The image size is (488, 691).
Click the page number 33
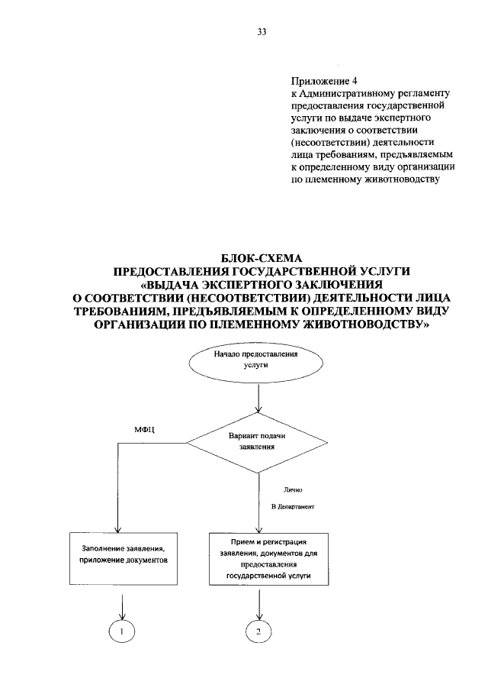pyautogui.click(x=262, y=32)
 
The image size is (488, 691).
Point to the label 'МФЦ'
pyautogui.click(x=145, y=431)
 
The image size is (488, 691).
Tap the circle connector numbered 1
pyautogui.click(x=121, y=631)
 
